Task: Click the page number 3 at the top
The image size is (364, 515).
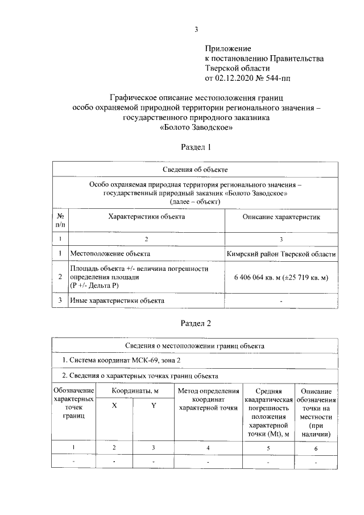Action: click(196, 30)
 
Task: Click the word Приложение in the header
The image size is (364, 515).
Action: click(227, 50)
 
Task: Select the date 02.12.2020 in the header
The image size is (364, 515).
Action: click(234, 77)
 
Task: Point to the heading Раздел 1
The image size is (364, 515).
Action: click(196, 147)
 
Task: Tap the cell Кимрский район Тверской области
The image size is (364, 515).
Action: click(281, 253)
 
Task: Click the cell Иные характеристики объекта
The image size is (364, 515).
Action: click(117, 300)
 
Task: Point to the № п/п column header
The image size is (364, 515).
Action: click(60, 221)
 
